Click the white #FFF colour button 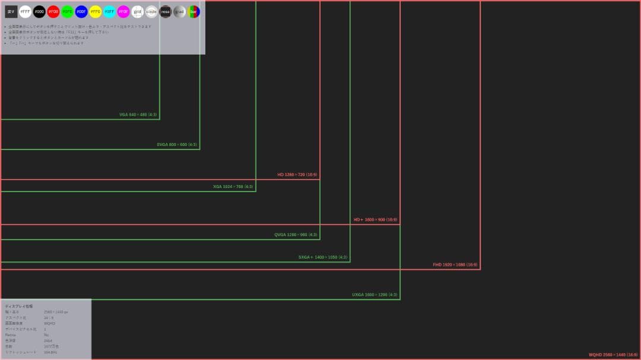pos(26,11)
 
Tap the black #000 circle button pos(39,11)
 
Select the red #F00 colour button pos(53,11)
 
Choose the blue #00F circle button pos(81,11)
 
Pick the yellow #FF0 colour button pos(96,11)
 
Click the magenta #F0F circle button pos(123,11)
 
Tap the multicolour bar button pos(194,11)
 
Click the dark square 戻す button pos(11,11)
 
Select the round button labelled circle pos(151,11)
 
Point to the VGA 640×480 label pos(138,114)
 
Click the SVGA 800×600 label pos(177,145)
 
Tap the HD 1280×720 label pos(297,175)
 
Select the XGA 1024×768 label pos(233,187)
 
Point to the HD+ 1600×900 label pos(376,220)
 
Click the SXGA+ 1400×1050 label pos(323,257)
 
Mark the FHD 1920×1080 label pos(455,265)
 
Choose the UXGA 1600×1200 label pos(375,295)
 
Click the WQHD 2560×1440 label pos(613,355)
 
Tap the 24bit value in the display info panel pos(48,340)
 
